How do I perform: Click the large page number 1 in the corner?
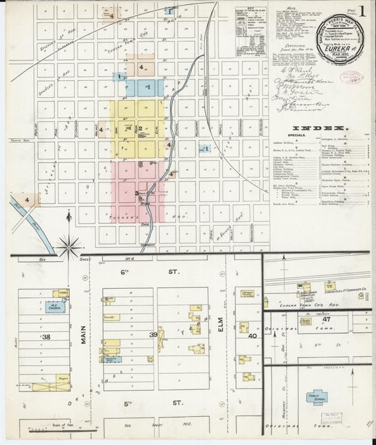pyautogui.click(x=361, y=12)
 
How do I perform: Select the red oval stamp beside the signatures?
pyautogui.click(x=350, y=77)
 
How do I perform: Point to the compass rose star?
pyautogui.click(x=68, y=246)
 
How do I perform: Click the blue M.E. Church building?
pyautogui.click(x=54, y=306)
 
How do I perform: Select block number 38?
pyautogui.click(x=47, y=337)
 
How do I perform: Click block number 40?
pyautogui.click(x=252, y=336)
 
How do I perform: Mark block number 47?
pyautogui.click(x=327, y=319)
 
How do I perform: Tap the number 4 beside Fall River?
pyautogui.click(x=27, y=200)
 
